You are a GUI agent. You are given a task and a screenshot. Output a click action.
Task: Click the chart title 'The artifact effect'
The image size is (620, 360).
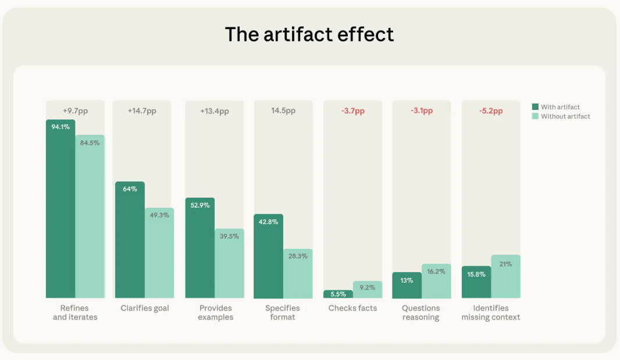pyautogui.click(x=309, y=34)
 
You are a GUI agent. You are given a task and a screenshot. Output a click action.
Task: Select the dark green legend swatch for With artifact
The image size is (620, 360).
pyautogui.click(x=535, y=107)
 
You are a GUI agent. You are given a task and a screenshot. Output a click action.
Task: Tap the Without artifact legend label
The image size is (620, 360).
pyautogui.click(x=565, y=116)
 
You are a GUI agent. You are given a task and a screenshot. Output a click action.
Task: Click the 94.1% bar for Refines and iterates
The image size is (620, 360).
pyautogui.click(x=60, y=209)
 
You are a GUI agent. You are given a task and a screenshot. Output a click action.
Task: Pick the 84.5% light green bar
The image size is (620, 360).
pyautogui.click(x=90, y=218)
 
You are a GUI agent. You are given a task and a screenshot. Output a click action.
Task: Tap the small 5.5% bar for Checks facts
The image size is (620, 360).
pyautogui.click(x=338, y=294)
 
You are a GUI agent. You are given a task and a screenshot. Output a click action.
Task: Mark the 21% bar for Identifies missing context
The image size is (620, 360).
pyautogui.click(x=505, y=276)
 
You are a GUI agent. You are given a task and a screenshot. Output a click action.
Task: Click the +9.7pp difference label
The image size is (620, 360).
pyautogui.click(x=75, y=111)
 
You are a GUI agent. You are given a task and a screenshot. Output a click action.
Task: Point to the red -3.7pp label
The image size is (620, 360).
pyautogui.click(x=352, y=111)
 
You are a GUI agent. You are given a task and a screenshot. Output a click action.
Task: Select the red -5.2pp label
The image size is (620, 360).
pyautogui.click(x=491, y=111)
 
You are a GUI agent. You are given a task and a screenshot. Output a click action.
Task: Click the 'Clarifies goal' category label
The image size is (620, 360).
pyautogui.click(x=145, y=308)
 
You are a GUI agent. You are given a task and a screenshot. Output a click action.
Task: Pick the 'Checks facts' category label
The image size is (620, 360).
pyautogui.click(x=352, y=308)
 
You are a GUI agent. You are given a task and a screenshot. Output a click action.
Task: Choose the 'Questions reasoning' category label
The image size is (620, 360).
pyautogui.click(x=421, y=312)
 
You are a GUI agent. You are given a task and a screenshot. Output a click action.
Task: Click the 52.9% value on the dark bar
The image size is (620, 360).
pyautogui.click(x=200, y=205)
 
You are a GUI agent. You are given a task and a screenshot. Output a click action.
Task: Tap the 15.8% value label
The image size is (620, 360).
pyautogui.click(x=476, y=275)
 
